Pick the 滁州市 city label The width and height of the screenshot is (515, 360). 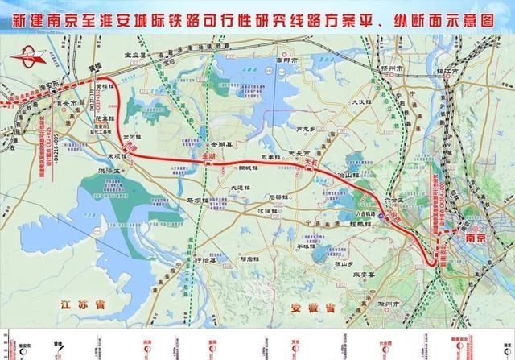[x=389, y=304]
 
